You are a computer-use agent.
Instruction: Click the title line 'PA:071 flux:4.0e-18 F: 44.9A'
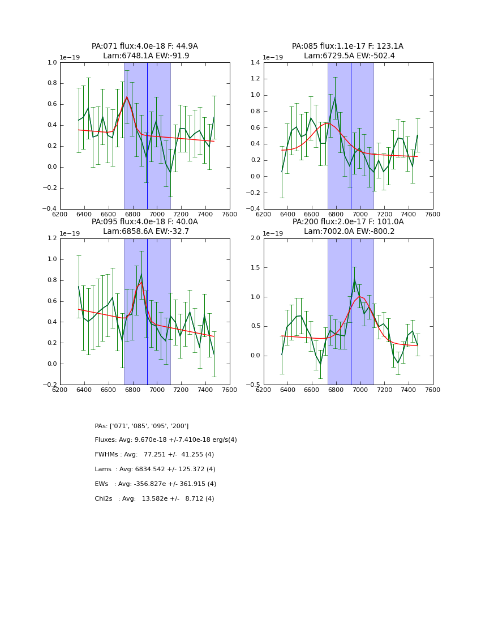coord(144,46)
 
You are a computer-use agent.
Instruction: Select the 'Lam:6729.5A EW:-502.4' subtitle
coord(348,56)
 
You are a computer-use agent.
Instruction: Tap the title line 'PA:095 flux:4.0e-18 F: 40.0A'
coord(144,222)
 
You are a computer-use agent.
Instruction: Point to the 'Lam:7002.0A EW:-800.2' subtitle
coord(348,231)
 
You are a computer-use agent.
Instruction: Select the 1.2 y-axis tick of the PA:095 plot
coord(50,238)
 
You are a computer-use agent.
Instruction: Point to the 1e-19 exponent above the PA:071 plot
coord(71,57)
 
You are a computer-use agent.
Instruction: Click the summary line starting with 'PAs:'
coord(141,426)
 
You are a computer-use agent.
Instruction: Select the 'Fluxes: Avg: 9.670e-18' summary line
coord(166,440)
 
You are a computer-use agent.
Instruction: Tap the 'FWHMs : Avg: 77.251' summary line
coord(154,455)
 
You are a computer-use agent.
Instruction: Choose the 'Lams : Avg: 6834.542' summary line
coord(155,470)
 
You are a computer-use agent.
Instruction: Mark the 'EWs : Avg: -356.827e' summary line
coord(156,484)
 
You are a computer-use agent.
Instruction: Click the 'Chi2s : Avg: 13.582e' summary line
coord(154,499)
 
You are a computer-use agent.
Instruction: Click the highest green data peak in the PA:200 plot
coord(355,279)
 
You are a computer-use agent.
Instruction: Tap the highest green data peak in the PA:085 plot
coord(334,98)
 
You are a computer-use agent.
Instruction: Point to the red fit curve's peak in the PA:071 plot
coord(127,97)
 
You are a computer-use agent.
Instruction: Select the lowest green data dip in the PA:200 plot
coord(320,364)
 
